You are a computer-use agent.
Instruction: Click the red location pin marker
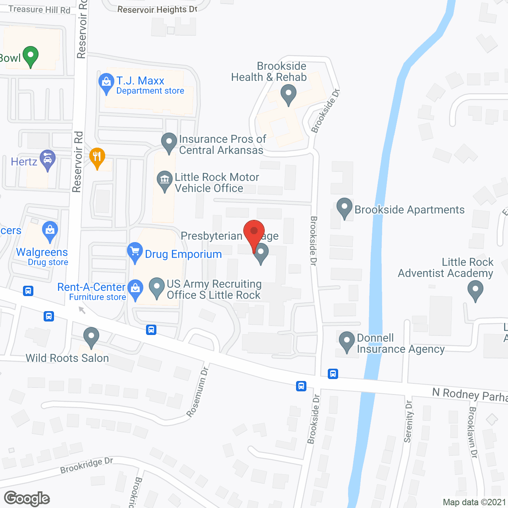point(254,232)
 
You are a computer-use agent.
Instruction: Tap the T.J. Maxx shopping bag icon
point(106,83)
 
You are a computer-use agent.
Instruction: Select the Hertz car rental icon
point(48,160)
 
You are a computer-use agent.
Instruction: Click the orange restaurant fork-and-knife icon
point(97,157)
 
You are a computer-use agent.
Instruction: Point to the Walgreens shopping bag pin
point(50,231)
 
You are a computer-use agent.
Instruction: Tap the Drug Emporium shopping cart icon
point(135,252)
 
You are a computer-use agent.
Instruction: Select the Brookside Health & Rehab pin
point(289,95)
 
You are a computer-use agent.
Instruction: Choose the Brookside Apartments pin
point(344,207)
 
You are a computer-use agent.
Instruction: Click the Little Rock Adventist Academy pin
point(475,290)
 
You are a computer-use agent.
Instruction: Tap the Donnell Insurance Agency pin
point(347,341)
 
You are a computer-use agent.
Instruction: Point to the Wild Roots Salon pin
point(91,337)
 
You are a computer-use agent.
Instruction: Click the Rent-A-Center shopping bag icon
point(135,289)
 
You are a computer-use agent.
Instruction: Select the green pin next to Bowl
point(31,56)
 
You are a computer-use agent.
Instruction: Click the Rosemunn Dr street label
point(198,393)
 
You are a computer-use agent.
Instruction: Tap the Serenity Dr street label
point(408,421)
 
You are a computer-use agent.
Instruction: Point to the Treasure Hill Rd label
point(39,9)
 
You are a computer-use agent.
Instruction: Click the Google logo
point(27,498)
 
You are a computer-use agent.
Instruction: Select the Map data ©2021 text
point(474,502)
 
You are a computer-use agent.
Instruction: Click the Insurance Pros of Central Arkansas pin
point(169,142)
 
